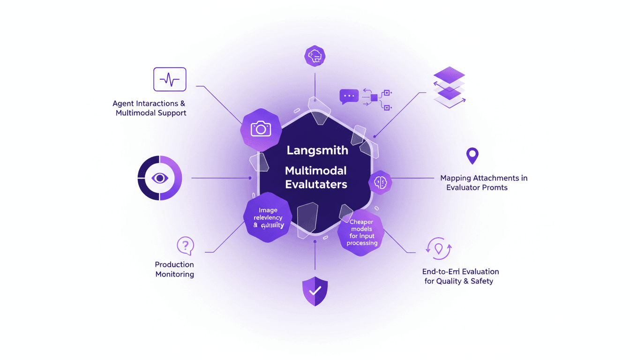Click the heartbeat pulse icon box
coord(170,79)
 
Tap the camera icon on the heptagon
coord(261,128)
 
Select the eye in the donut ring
coord(160,178)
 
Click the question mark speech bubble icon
coord(185,245)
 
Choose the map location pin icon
coord(472,155)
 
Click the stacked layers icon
coord(449,88)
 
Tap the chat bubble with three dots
coord(349,96)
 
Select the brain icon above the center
coord(315,56)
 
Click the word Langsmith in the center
coord(317,151)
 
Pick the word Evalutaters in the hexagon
coord(316,184)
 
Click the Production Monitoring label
coord(174,270)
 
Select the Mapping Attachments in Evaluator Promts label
coord(483,183)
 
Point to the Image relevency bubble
coord(268,217)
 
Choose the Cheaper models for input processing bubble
coord(361,232)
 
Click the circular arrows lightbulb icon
coord(439,248)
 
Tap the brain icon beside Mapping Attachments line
coord(380,182)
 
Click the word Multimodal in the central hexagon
coord(316,170)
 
